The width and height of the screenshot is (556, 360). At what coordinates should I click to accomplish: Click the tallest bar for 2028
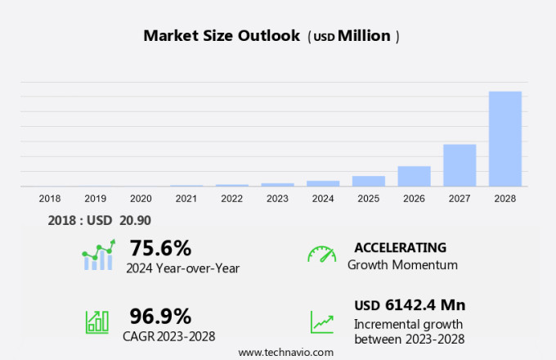(504, 139)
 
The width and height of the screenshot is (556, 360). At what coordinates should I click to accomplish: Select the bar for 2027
(460, 165)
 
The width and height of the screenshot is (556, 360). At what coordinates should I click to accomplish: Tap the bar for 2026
(414, 177)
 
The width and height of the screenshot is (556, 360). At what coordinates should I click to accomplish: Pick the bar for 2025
(369, 181)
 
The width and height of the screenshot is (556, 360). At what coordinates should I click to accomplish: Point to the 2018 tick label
(50, 199)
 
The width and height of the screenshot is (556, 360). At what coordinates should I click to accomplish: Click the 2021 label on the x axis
(186, 199)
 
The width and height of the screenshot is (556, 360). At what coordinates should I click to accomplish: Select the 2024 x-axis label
(323, 199)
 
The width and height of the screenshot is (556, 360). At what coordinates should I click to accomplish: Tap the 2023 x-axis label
(277, 199)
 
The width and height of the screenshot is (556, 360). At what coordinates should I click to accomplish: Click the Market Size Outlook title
(222, 36)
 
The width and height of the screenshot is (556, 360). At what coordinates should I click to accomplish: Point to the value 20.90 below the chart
(135, 219)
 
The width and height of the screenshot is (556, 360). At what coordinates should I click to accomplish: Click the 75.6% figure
(160, 248)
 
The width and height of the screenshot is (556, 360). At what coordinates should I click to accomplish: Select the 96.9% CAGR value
(160, 316)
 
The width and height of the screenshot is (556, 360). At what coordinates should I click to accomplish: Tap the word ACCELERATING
(401, 247)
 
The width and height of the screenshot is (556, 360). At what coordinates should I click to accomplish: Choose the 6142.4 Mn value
(424, 305)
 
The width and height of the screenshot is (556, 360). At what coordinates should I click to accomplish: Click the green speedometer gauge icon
(321, 254)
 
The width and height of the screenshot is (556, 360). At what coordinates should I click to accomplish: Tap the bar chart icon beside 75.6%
(99, 255)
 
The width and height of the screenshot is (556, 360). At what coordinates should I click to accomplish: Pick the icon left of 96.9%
(97, 321)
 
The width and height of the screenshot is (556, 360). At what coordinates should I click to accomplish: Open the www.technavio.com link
(286, 352)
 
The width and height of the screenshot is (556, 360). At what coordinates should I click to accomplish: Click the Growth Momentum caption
(402, 265)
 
